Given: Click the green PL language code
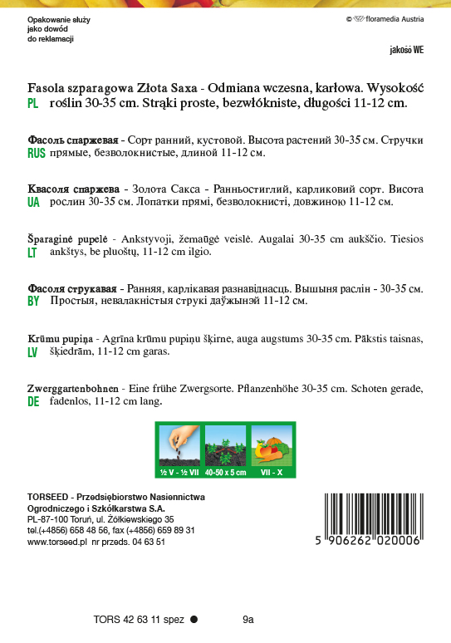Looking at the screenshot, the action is click(33, 104).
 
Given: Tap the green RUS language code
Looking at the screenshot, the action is click(36, 154).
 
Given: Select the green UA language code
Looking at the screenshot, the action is click(33, 202).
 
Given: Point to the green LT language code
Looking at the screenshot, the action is click(32, 252).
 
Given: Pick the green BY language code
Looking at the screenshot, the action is click(33, 302).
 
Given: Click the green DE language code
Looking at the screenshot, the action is click(33, 401).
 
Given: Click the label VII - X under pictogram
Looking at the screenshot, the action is click(272, 472).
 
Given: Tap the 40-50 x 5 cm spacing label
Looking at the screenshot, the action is click(226, 472).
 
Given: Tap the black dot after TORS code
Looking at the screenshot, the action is click(194, 619).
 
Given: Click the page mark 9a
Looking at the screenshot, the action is click(248, 619).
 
